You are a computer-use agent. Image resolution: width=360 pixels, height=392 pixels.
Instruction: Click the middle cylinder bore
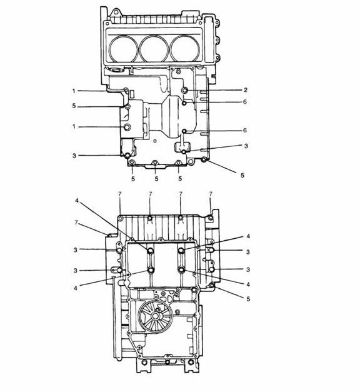[154, 48]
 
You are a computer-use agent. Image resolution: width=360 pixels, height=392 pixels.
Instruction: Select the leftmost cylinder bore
[124, 48]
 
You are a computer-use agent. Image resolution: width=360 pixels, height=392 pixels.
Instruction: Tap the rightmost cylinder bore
[185, 48]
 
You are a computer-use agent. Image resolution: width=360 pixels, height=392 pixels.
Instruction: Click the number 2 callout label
[246, 90]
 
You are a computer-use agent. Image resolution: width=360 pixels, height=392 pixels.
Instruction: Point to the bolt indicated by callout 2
[185, 90]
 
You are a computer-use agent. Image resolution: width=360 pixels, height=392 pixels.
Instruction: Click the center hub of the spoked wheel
[155, 316]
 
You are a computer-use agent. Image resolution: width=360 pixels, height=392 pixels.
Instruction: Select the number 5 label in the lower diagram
[248, 299]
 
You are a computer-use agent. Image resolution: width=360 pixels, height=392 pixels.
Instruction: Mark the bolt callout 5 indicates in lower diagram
[212, 286]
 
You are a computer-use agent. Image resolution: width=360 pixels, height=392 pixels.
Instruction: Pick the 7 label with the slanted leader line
[76, 222]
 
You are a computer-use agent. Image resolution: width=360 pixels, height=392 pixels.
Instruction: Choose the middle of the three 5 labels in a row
[156, 179]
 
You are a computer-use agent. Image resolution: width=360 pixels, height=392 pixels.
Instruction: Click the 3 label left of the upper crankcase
[74, 156]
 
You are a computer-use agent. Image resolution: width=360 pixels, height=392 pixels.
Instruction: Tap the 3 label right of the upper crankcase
[246, 146]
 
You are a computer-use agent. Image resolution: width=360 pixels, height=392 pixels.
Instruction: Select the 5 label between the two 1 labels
[74, 106]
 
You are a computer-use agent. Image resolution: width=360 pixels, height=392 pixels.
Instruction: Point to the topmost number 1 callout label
[74, 91]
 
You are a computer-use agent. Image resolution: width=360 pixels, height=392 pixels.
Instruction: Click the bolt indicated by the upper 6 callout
[184, 103]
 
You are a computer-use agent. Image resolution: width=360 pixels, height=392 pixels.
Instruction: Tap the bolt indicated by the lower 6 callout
[184, 131]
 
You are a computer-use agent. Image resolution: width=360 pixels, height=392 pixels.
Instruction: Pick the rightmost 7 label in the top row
[211, 194]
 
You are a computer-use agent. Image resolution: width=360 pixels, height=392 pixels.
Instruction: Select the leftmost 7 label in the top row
[120, 194]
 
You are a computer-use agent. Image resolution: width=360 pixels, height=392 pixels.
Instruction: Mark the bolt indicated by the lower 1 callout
[127, 127]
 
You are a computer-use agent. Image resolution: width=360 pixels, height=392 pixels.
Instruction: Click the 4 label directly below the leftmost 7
[77, 200]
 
